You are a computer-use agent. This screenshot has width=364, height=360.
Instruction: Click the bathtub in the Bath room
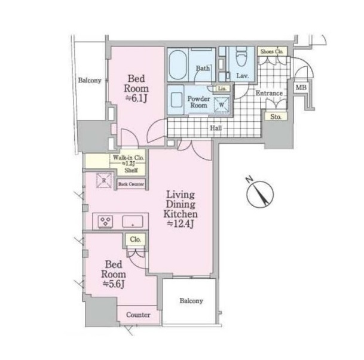click(178, 64)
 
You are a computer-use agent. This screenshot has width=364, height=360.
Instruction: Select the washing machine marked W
click(222, 105)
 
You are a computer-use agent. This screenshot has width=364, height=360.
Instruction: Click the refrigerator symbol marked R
click(104, 180)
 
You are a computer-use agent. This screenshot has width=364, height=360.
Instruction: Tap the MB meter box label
click(301, 87)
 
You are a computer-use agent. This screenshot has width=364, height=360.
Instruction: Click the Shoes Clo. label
click(272, 51)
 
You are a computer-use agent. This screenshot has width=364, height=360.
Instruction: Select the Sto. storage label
click(276, 117)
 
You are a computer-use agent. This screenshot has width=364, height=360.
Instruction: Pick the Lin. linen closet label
click(222, 88)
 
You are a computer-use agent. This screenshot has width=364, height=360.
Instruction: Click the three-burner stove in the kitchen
click(105, 221)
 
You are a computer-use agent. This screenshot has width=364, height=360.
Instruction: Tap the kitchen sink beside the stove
click(133, 221)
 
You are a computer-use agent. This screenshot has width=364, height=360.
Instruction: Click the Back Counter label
click(131, 184)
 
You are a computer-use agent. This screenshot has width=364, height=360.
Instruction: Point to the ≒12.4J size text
click(181, 224)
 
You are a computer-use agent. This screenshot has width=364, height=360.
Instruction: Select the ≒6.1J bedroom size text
click(136, 99)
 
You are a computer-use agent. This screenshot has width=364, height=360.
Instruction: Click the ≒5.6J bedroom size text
click(114, 284)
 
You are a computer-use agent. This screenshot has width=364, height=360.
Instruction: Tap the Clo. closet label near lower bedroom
click(136, 239)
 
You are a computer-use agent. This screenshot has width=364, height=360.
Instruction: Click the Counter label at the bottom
click(138, 315)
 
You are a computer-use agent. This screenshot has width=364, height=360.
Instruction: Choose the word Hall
click(216, 128)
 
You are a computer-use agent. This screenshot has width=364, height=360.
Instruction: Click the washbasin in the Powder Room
click(176, 100)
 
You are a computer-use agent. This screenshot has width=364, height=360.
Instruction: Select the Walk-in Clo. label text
click(129, 158)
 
